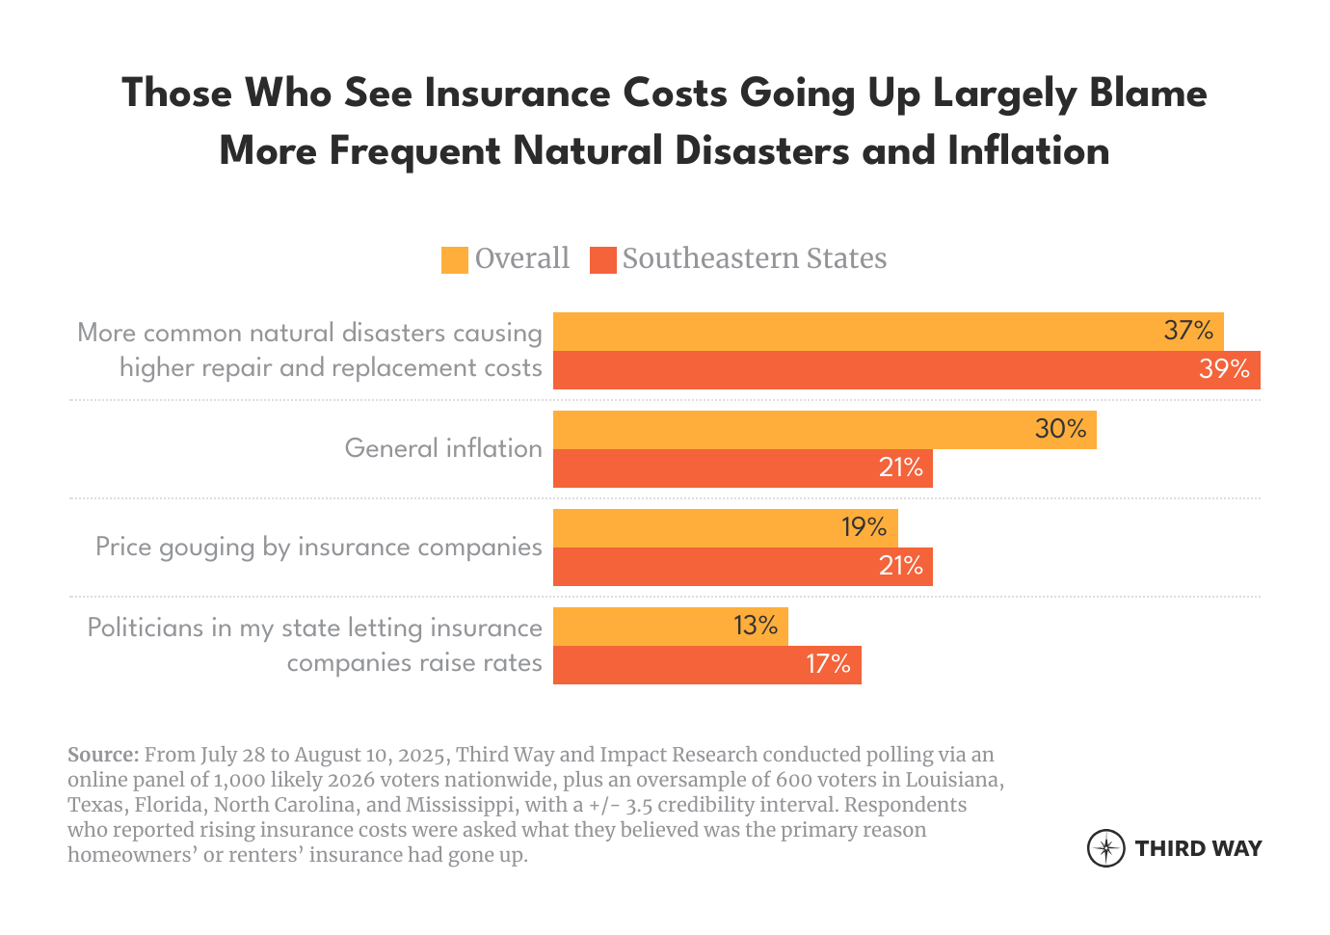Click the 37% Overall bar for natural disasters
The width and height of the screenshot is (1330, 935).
tap(887, 332)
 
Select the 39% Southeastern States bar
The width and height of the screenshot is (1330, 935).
tap(906, 370)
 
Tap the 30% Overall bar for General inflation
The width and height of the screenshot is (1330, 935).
tap(824, 430)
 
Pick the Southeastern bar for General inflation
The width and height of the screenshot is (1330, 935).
tap(742, 468)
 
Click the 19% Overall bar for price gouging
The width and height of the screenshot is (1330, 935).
tap(725, 528)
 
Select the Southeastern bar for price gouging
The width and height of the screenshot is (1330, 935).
tap(742, 567)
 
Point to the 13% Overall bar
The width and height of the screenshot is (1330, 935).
tap(670, 627)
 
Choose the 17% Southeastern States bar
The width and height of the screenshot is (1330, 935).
tap(706, 665)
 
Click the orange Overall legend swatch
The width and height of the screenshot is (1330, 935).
tap(455, 260)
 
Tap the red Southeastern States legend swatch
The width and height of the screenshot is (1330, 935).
tap(603, 260)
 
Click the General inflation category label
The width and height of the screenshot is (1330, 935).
tap(443, 448)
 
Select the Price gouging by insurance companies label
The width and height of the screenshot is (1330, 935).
tap(319, 547)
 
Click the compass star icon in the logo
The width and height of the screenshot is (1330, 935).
tap(1105, 848)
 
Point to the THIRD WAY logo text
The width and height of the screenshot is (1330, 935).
tap(1198, 848)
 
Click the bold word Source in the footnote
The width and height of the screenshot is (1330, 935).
tap(102, 755)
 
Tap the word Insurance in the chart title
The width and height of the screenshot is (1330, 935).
tap(518, 93)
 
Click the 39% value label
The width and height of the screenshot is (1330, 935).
tap(1224, 369)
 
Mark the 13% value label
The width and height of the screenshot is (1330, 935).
tap(756, 626)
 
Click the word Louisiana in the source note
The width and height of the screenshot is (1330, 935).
tap(957, 780)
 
